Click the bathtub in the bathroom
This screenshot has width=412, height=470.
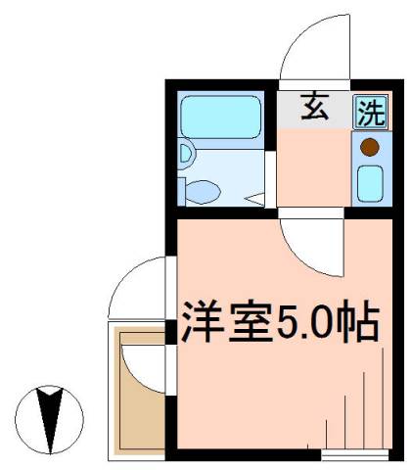coord(222,117)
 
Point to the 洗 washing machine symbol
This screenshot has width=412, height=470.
coord(369,112)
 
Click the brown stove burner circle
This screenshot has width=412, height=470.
coord(369,148)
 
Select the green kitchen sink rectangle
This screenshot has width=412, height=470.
coord(369,181)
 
